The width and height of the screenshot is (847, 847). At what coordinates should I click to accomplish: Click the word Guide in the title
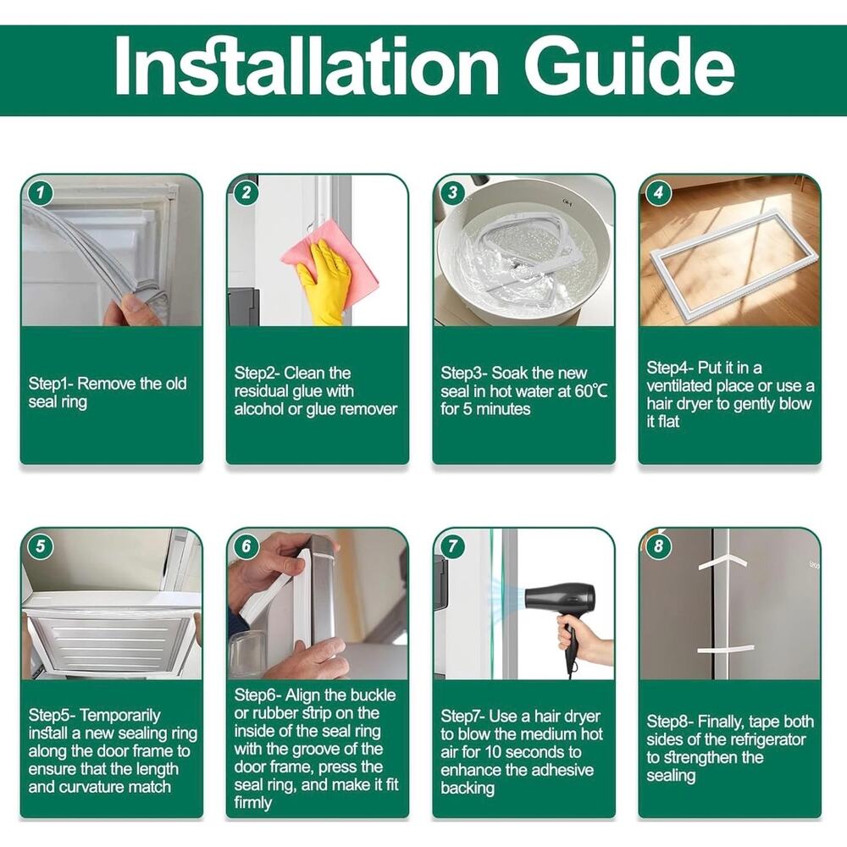click(x=629, y=67)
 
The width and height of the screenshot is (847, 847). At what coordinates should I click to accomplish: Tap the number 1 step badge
click(x=41, y=193)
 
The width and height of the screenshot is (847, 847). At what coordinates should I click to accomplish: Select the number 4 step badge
click(x=658, y=193)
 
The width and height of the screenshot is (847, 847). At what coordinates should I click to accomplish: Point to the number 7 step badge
click(x=452, y=546)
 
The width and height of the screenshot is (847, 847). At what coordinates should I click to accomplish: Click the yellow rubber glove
click(x=323, y=283)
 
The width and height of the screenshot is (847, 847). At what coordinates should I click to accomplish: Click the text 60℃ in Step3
click(x=591, y=391)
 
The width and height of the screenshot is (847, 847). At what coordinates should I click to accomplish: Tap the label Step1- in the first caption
click(x=52, y=384)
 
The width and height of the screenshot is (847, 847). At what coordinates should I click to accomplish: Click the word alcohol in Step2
click(x=258, y=409)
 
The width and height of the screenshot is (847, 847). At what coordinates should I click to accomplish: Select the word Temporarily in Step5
click(x=120, y=716)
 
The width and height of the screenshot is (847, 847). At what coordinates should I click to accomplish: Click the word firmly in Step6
click(x=252, y=803)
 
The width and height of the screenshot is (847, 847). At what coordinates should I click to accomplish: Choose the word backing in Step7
click(x=468, y=789)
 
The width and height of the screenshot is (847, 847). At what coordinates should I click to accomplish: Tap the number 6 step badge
click(x=246, y=546)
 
